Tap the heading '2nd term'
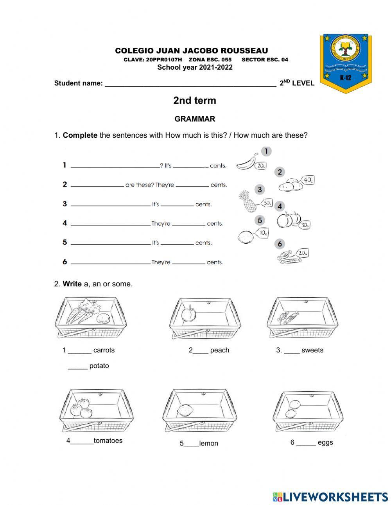coord(195,101)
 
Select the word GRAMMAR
coord(195,119)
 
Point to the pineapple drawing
coord(247,201)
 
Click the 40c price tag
coord(308,180)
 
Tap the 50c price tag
coord(267,203)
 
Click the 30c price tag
coord(305,225)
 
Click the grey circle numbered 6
coord(280,244)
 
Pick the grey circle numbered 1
coord(266,151)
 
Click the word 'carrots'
coord(104,350)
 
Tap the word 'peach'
coord(220,350)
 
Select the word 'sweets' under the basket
coord(312,350)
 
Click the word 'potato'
coord(99,366)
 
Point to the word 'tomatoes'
coord(108,440)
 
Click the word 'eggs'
coord(325,442)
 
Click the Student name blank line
coord(190,83)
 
